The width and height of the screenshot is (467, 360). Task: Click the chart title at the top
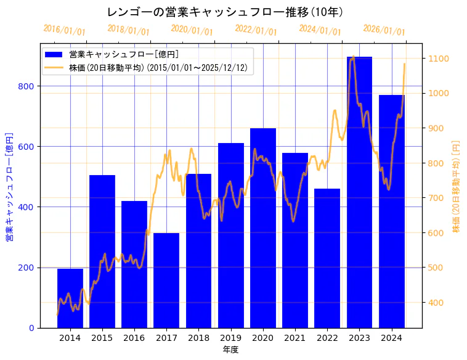point(225,12)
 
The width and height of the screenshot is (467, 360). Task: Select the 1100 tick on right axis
point(438,59)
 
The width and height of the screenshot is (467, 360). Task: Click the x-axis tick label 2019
point(231,338)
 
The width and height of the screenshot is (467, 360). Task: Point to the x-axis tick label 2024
point(391,338)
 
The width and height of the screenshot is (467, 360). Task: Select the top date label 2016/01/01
point(64,30)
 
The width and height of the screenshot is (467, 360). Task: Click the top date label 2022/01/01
point(256,30)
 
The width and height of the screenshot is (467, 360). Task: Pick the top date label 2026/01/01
point(384,30)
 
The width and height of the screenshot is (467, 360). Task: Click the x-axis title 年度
point(230,350)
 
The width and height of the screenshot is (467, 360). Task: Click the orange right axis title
point(457,186)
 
